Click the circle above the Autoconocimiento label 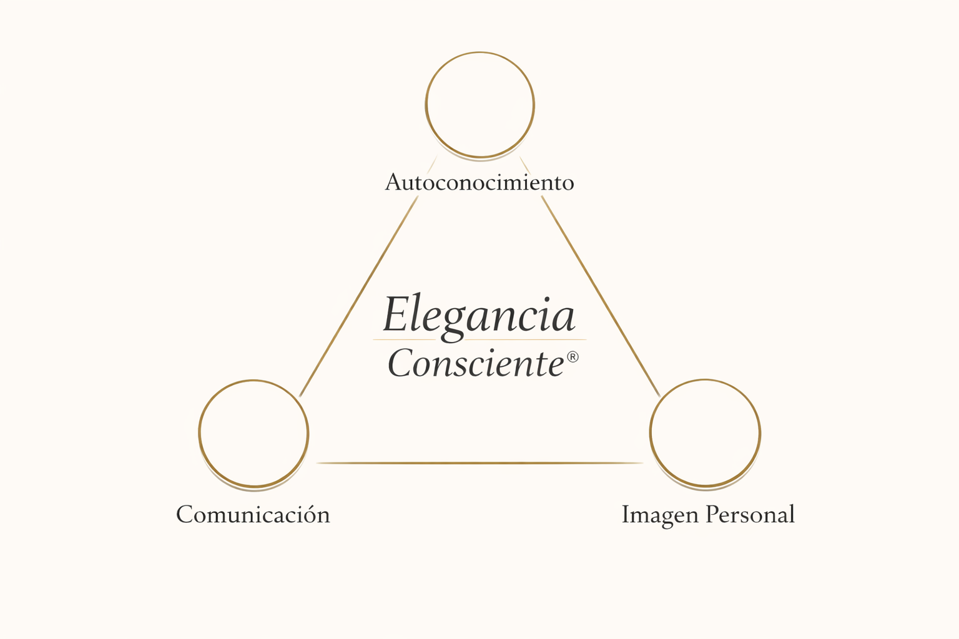[x=479, y=105]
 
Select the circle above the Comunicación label [x=253, y=433]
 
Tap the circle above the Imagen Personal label [x=705, y=432]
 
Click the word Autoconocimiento [x=479, y=182]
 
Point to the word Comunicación [x=253, y=515]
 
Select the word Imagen [x=660, y=515]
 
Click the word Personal [x=750, y=515]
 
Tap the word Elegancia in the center [x=479, y=315]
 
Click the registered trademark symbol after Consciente [x=573, y=357]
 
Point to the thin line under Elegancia [x=479, y=339]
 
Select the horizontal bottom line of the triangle [x=479, y=463]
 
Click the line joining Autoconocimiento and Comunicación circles [x=359, y=296]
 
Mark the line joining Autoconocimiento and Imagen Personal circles [x=601, y=296]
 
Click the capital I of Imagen [x=626, y=514]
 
